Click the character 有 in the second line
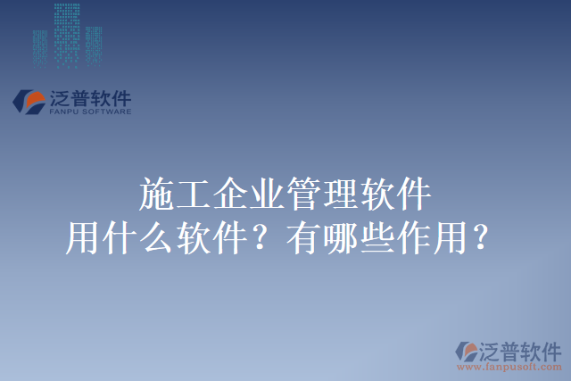(x=303, y=238)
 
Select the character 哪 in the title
(x=340, y=238)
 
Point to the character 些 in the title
(x=376, y=238)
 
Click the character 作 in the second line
(x=412, y=238)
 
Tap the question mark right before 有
(x=264, y=238)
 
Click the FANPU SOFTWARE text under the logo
(x=90, y=112)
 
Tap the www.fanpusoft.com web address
(x=509, y=366)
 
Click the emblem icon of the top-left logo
(x=29, y=101)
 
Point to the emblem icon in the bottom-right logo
(x=467, y=351)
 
